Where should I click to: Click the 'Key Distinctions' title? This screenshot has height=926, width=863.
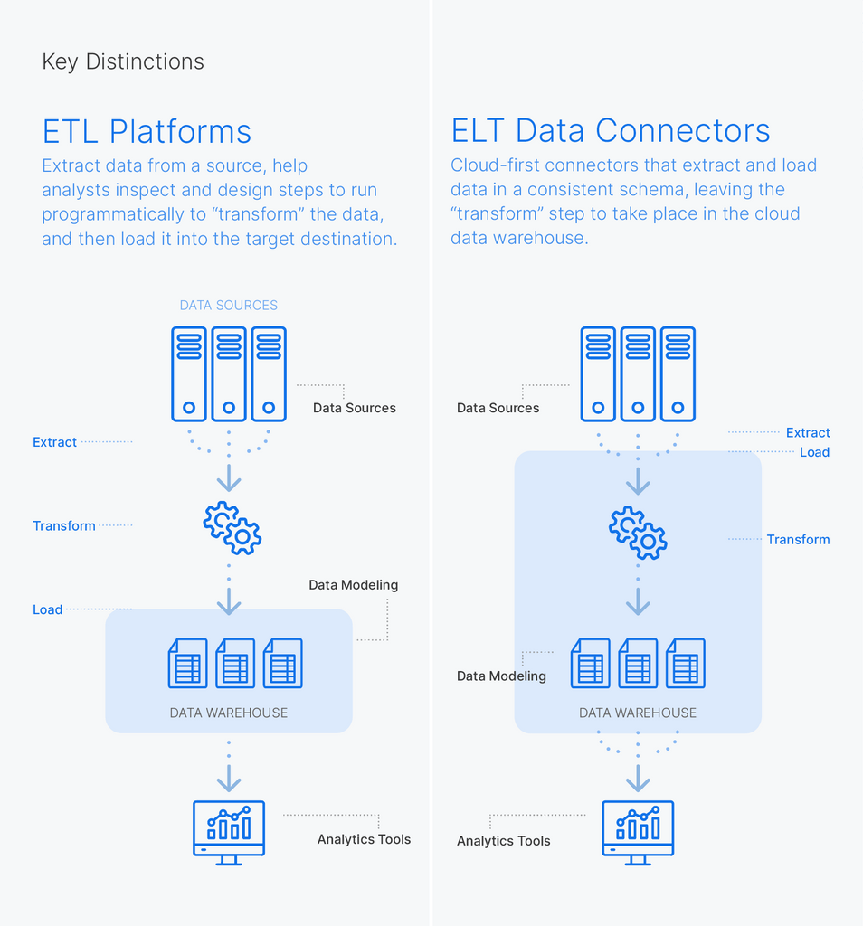(123, 61)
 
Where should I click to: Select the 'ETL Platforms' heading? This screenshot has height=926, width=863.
(147, 131)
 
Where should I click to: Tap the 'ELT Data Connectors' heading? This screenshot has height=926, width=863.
(611, 131)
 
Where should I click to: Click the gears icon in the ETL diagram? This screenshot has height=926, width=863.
(232, 528)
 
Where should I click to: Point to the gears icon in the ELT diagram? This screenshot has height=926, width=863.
(638, 533)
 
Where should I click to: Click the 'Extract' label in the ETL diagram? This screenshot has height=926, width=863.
(54, 442)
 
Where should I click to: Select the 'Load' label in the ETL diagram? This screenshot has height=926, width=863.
(47, 609)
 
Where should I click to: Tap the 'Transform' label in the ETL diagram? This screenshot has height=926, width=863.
(64, 525)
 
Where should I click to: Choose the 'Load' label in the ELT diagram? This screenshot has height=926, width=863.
(814, 452)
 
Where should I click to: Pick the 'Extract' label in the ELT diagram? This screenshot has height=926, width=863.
(808, 432)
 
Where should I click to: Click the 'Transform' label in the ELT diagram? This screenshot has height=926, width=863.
(798, 539)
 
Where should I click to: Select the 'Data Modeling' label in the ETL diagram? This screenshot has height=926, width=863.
(353, 585)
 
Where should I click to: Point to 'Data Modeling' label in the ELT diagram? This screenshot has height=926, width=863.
(501, 676)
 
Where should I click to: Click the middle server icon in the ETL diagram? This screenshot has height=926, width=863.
(229, 373)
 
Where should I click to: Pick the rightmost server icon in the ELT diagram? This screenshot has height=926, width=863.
(678, 373)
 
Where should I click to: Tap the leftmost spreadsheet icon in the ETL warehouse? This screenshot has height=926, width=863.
(187, 663)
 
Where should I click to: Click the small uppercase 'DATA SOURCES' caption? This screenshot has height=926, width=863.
(229, 306)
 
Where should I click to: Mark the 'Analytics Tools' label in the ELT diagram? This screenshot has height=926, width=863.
(503, 841)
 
